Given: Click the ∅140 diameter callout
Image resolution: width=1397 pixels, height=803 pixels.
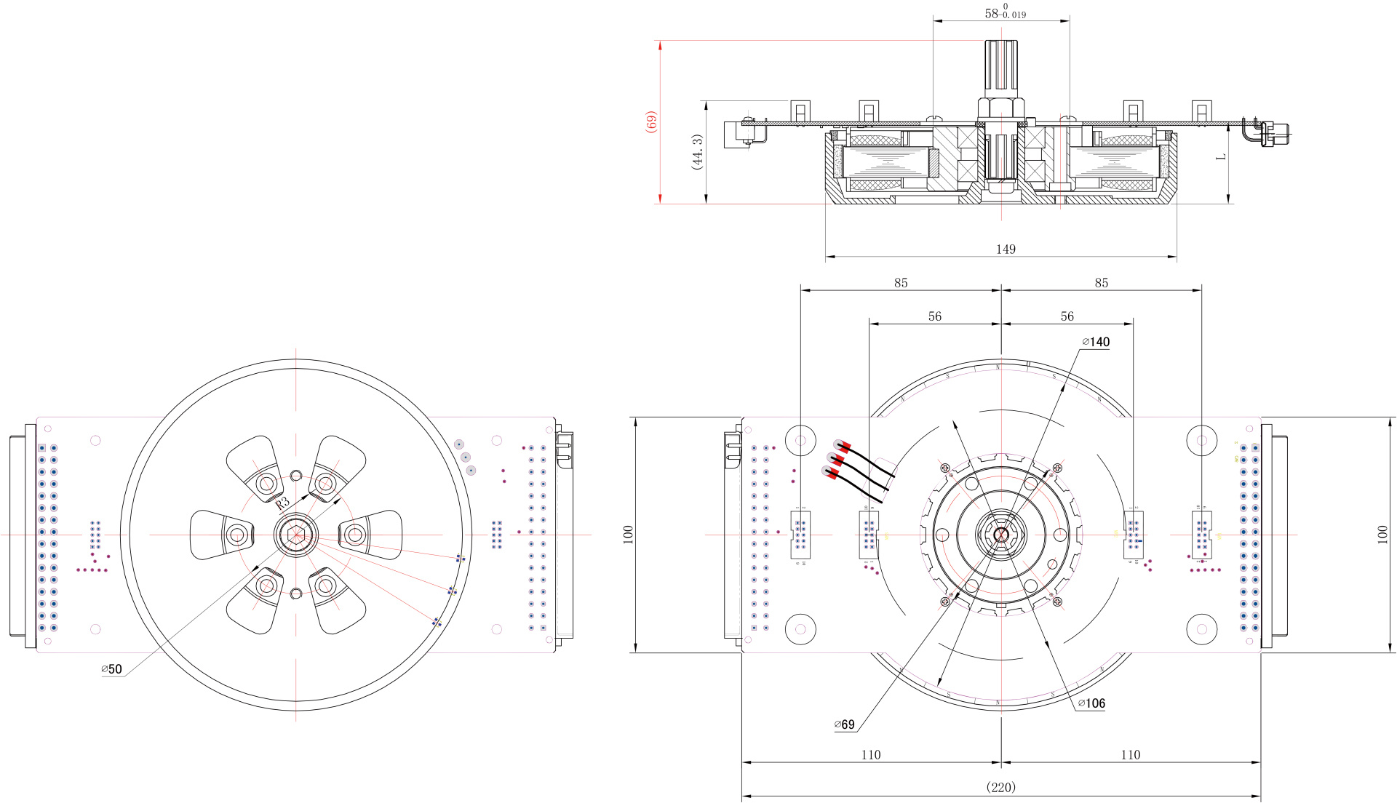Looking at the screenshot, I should click(x=1096, y=342).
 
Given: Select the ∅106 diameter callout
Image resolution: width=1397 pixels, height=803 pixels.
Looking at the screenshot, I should click(x=1091, y=703).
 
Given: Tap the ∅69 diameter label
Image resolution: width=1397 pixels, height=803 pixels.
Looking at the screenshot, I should click(x=844, y=724).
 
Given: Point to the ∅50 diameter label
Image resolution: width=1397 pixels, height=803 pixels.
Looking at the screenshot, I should click(x=111, y=669).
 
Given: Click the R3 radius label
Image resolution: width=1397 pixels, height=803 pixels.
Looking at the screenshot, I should click(x=282, y=502).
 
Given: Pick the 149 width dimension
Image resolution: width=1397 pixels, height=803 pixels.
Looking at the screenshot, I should click(x=1006, y=249).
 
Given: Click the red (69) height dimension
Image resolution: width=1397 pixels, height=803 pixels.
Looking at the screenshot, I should click(x=652, y=121).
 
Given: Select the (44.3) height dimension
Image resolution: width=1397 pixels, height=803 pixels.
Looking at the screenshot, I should click(x=697, y=152).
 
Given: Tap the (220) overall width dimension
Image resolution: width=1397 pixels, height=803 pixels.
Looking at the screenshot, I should click(x=1000, y=787).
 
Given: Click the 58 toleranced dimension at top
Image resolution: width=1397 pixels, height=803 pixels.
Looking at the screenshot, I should click(x=1005, y=13).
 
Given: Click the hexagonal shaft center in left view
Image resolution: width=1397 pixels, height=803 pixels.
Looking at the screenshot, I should click(x=295, y=535).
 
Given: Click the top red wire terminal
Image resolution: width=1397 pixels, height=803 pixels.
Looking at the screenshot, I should click(x=843, y=445).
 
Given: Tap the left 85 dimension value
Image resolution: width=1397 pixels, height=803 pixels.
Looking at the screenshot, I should click(x=901, y=283).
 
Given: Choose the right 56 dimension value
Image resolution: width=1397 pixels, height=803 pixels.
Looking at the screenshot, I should click(x=1067, y=316).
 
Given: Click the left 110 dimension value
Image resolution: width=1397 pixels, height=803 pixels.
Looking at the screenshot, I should click(x=871, y=755).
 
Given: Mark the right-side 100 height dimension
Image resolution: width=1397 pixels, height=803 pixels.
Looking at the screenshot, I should click(x=1382, y=535).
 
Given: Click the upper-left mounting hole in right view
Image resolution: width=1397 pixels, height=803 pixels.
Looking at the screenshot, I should click(x=800, y=440).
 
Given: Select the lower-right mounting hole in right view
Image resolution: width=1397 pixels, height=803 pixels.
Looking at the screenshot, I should click(x=1201, y=629).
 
